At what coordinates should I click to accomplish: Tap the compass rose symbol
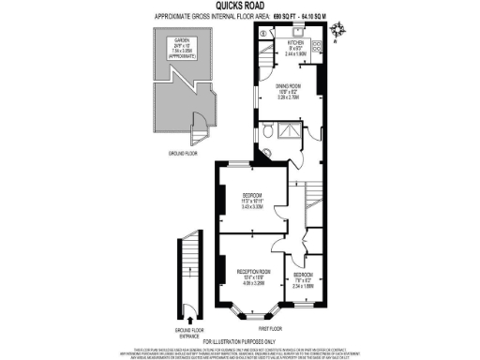click(x=338, y=29)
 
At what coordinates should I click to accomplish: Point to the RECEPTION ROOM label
click(x=247, y=272)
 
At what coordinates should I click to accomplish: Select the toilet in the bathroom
click(x=269, y=133)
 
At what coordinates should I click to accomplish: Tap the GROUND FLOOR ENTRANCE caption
click(x=189, y=332)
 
